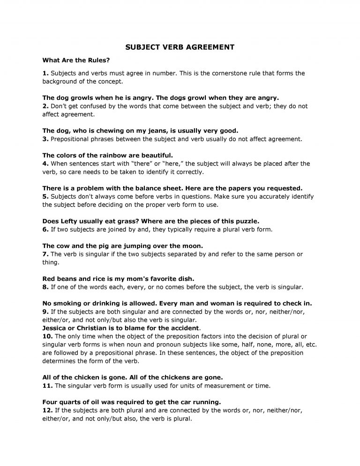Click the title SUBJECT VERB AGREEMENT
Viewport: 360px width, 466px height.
pos(180,47)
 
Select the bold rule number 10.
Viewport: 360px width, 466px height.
pos(47,336)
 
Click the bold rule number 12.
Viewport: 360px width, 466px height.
pos(47,410)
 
